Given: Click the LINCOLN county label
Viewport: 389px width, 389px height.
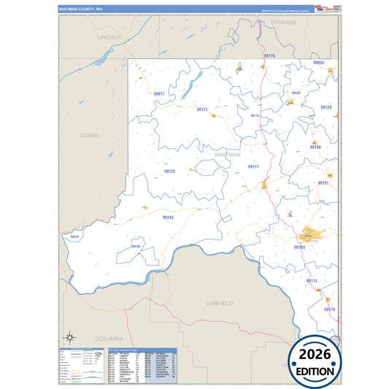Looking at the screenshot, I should pyautogui.click(x=109, y=36).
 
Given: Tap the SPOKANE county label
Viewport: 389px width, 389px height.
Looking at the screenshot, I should pyautogui.click(x=285, y=23).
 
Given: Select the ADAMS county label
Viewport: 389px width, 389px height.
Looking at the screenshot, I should pyautogui.click(x=89, y=135).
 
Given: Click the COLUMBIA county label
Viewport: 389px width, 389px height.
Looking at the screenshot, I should pyautogui.click(x=109, y=339).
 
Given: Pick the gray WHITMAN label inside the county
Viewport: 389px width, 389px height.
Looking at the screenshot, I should pyautogui.click(x=228, y=155).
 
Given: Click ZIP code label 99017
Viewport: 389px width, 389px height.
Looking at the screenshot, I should pyautogui.click(x=159, y=94).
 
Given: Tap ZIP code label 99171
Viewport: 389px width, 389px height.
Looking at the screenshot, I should pyautogui.click(x=202, y=109).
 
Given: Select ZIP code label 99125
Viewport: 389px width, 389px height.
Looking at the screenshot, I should pyautogui.click(x=169, y=171).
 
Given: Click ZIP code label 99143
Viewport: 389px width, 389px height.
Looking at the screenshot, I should pyautogui.click(x=168, y=217).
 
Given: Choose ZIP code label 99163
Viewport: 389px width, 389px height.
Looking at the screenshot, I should pyautogui.click(x=299, y=247).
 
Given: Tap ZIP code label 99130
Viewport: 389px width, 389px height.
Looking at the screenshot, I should pyautogui.click(x=315, y=147).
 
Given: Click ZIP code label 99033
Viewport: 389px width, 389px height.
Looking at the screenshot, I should pyautogui.click(x=318, y=63).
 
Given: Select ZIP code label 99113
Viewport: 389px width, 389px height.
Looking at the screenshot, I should pyautogui.click(x=312, y=281).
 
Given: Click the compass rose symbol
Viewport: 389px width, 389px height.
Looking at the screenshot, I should pyautogui.click(x=70, y=336).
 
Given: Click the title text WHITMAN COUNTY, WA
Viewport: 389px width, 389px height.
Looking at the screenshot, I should pyautogui.click(x=81, y=9).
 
